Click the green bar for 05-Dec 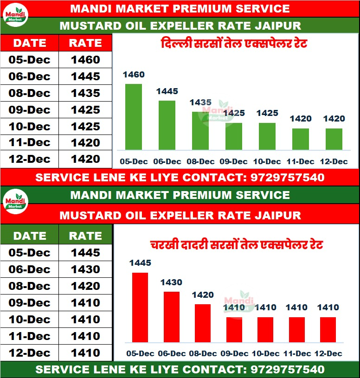click(134, 117)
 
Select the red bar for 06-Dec click(171, 317)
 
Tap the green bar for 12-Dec click(334, 139)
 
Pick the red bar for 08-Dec click(203, 323)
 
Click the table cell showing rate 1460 click(85, 60)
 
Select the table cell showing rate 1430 click(85, 269)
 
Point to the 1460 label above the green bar click(134, 75)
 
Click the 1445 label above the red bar click(140, 263)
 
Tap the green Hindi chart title click(234, 45)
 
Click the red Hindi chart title click(237, 244)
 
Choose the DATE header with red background click(30, 43)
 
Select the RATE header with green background click(85, 236)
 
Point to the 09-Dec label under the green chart click(234, 162)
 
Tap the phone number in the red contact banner click(287, 178)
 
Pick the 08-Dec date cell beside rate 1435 click(30, 93)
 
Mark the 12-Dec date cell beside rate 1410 click(30, 352)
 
